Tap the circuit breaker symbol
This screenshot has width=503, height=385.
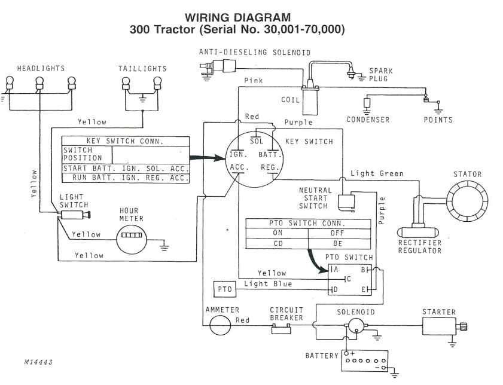286,326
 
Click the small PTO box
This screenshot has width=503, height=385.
225,289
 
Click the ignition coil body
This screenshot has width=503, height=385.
310,100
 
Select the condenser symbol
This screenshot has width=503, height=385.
367,103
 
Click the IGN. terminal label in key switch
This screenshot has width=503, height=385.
239,154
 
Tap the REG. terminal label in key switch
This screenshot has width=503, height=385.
269,168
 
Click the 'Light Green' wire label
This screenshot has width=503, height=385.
377,173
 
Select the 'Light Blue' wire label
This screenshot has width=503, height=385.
268,284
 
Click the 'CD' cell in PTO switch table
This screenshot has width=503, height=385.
277,244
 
